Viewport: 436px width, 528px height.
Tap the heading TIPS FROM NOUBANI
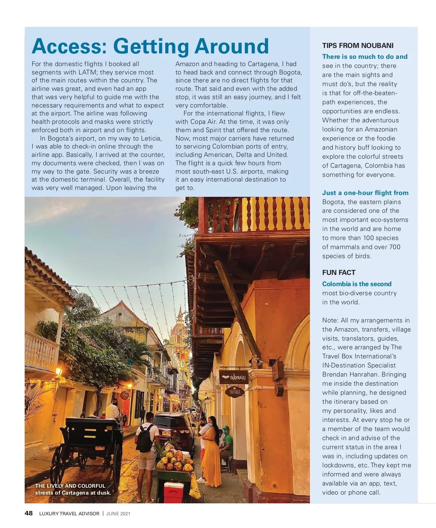pos(358,45)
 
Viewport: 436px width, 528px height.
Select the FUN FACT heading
pos(339,273)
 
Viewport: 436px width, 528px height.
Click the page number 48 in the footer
pos(28,513)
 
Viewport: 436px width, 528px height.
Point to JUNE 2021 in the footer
pos(118,513)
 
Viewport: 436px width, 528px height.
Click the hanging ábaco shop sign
pos(233,377)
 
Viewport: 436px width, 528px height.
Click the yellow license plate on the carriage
pos(100,448)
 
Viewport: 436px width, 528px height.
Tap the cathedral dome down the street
pos(179,327)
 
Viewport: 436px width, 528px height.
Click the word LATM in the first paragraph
pos(87,72)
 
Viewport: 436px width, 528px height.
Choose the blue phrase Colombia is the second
pos(357,284)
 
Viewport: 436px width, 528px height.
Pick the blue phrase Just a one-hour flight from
pos(365,193)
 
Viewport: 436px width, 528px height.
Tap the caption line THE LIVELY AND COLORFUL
pos(70,486)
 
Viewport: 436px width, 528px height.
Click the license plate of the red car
pos(167,433)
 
